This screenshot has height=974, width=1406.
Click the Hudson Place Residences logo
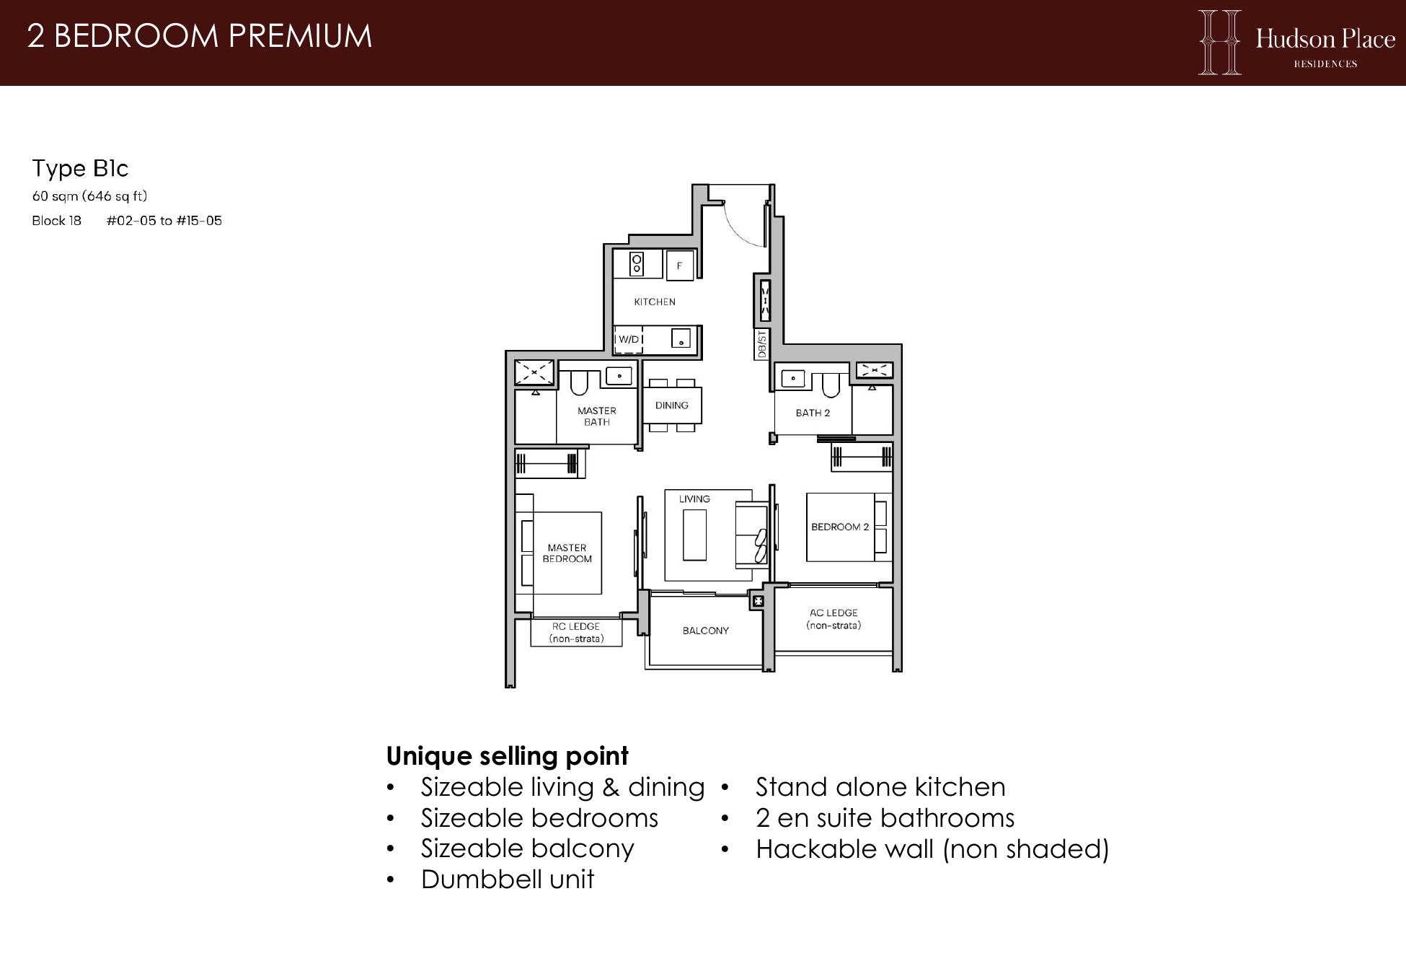coord(1296,42)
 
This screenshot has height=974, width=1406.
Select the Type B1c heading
coord(80,168)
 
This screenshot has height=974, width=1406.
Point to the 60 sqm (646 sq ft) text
coord(89,196)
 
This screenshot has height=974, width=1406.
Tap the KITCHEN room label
coord(655,302)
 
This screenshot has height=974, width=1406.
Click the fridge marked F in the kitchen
coord(679,266)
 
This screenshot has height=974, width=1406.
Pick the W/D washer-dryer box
coord(629,339)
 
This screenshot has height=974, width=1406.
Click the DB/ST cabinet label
coord(761,345)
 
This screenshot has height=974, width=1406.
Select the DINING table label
coord(672,405)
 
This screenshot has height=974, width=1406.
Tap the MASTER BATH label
coord(597,416)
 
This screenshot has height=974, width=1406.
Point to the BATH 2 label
coord(813,413)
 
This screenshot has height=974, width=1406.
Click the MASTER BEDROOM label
coord(567,553)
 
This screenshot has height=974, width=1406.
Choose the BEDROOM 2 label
coord(840,527)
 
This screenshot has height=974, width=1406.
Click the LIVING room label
coord(694,499)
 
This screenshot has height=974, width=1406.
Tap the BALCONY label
coord(706,631)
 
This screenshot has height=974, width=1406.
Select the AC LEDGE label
coord(834,619)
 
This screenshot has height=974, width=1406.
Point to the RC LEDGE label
coord(576,633)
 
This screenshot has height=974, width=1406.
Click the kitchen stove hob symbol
coord(637,264)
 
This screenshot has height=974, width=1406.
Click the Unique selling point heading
coord(508,756)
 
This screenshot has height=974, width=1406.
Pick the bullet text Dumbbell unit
coord(508,879)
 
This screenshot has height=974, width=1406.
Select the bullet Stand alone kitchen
coord(880,787)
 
